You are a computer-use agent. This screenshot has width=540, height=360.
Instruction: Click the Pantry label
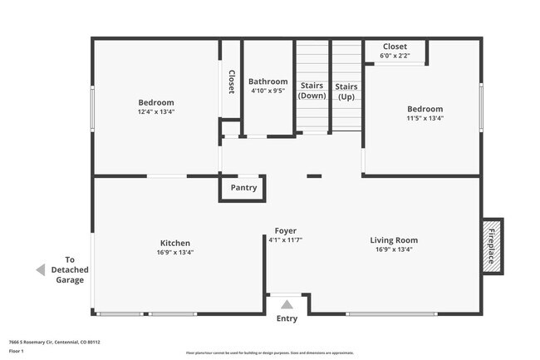243,188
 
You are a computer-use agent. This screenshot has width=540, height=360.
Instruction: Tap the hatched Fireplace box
491,245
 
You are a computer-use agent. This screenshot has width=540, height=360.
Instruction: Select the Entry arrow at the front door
287,304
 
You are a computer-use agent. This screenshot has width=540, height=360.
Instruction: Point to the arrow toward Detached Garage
40,270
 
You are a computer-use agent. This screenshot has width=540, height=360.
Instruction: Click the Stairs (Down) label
312,91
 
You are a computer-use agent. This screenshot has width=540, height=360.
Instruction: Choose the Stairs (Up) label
346,91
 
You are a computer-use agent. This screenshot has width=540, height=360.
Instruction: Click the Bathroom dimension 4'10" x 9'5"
268,91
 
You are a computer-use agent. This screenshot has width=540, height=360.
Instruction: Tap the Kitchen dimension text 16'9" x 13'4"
176,253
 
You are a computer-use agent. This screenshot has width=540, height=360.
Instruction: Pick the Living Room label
393,241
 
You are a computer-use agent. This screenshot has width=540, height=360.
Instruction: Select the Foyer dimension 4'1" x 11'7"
285,240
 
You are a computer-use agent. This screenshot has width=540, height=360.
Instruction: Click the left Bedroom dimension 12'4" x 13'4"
156,111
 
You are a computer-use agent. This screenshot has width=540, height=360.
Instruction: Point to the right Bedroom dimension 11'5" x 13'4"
425,118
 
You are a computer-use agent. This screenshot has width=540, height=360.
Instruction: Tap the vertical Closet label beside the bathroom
231,81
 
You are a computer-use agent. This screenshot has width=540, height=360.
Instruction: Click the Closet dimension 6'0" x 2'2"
395,57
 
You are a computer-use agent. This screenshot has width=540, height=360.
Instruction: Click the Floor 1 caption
17,351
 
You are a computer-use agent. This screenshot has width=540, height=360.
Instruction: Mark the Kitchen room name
175,243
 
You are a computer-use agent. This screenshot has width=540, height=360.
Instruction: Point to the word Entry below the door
287,318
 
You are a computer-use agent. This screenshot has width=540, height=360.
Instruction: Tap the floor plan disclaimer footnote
270,353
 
